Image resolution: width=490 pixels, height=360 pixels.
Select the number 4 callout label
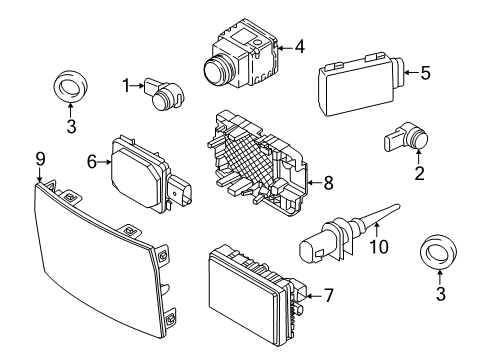[299, 44]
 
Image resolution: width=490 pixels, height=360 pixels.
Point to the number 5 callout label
[424, 72]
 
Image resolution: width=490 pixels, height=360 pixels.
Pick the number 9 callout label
[40, 157]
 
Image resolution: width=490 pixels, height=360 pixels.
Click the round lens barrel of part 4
[215, 70]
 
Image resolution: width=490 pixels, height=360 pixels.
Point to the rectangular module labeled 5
[355, 88]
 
